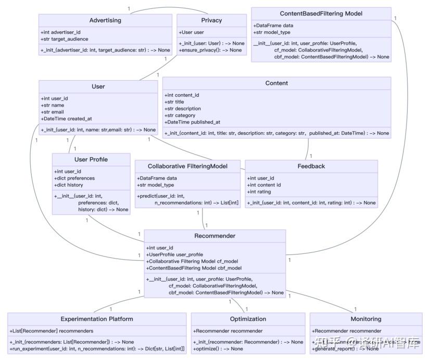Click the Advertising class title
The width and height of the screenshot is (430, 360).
click(x=105, y=20)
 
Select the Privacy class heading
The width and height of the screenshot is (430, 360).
click(x=211, y=20)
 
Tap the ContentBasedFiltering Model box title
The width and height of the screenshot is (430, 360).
click(x=321, y=14)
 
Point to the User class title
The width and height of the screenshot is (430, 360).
click(x=98, y=86)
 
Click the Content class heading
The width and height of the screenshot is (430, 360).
click(x=276, y=83)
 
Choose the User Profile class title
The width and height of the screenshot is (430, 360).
click(x=91, y=159)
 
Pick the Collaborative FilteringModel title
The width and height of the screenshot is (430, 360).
click(x=188, y=166)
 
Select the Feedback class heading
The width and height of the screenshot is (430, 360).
click(x=311, y=166)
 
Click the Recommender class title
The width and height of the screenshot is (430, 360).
click(x=214, y=236)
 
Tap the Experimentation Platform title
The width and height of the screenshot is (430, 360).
click(x=97, y=319)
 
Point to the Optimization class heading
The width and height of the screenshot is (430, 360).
click(x=248, y=319)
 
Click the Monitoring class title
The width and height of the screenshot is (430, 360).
click(x=365, y=319)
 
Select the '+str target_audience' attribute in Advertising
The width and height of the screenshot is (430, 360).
click(x=65, y=39)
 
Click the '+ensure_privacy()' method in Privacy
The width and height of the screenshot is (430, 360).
click(x=210, y=50)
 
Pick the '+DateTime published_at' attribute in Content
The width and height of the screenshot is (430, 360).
click(x=193, y=122)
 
